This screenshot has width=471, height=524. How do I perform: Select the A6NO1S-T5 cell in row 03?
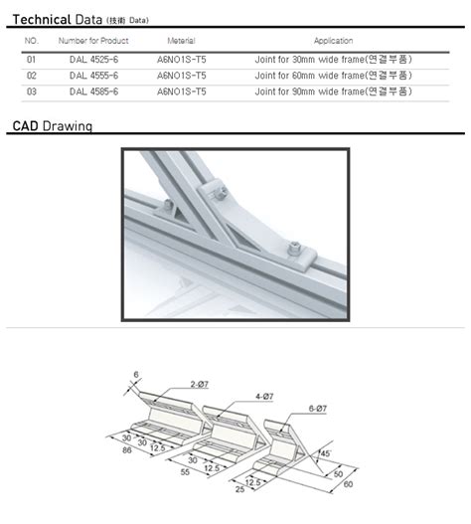[182, 91]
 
